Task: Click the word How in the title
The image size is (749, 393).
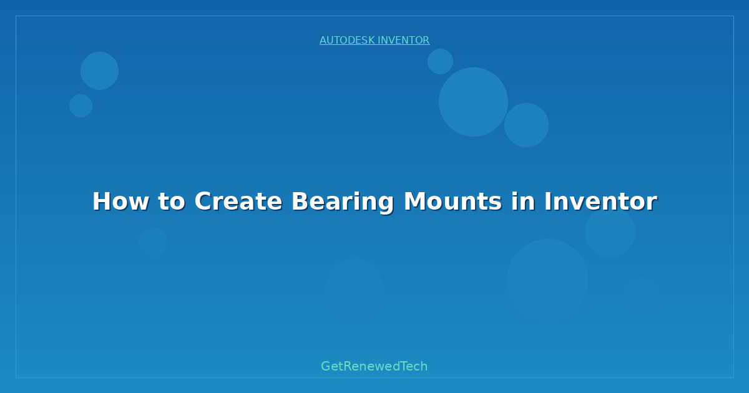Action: point(120,201)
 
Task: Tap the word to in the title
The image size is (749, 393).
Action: point(172,201)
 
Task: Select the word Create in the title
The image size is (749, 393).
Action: point(238,201)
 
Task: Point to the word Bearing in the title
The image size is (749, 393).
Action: point(343,203)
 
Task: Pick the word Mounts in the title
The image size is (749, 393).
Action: point(453,201)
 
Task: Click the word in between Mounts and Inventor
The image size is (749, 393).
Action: point(523,201)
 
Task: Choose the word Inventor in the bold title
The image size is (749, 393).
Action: point(600,201)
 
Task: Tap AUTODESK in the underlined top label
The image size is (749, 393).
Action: point(347,40)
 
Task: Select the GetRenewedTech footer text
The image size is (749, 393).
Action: point(374,366)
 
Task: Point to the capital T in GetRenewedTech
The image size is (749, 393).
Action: point(404,366)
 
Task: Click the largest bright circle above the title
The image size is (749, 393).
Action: point(473,102)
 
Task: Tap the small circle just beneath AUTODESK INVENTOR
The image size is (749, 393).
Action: point(441,62)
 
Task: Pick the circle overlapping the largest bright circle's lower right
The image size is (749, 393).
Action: point(526,125)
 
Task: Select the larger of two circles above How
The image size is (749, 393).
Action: point(99,70)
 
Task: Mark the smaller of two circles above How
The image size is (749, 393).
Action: point(81,105)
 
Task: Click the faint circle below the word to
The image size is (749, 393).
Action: point(153,241)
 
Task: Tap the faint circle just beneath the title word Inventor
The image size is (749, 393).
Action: point(610,231)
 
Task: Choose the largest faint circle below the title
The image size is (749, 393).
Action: point(548,280)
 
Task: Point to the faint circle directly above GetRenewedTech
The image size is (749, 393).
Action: point(355,288)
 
